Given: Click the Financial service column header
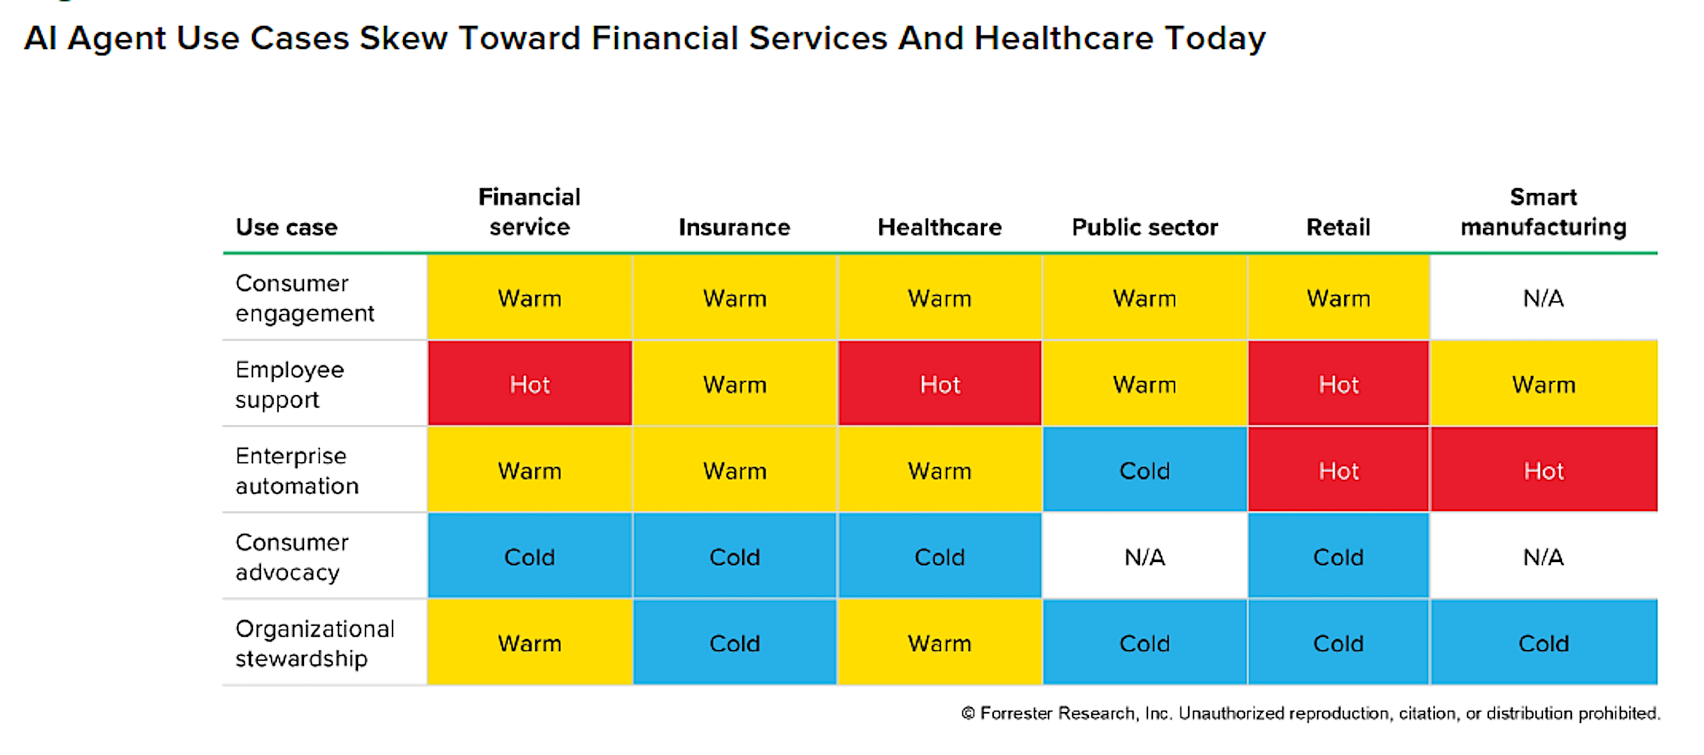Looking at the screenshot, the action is [529, 212].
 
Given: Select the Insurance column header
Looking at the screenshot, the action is [734, 227].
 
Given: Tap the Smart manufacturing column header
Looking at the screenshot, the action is [1543, 212].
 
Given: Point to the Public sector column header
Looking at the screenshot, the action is [1144, 227].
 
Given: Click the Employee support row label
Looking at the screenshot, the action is [290, 384].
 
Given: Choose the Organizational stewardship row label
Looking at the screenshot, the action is [315, 643].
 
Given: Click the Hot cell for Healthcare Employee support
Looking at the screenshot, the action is [940, 384].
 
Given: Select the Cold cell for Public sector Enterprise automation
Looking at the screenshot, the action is [1145, 471].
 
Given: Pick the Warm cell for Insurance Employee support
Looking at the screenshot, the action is [735, 384].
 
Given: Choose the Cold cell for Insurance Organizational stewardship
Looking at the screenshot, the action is [735, 642].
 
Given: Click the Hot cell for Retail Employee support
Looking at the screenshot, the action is [1339, 384].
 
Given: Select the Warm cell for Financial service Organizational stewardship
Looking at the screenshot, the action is [530, 642].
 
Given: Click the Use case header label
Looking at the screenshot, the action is [286, 227].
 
